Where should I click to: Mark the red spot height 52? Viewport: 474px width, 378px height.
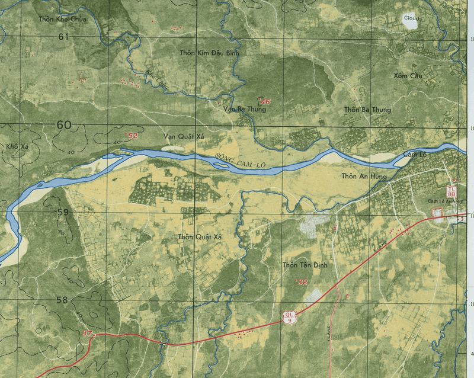(132, 136)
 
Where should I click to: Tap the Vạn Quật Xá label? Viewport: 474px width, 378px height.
(183, 137)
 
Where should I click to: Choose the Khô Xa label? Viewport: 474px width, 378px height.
(13, 146)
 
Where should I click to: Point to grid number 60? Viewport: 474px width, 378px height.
(64, 125)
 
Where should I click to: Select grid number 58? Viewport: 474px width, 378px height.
(62, 300)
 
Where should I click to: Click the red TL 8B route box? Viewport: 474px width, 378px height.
(451, 191)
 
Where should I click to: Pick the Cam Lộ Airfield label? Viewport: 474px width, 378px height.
(445, 201)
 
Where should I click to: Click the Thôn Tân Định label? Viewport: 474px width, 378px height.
(305, 265)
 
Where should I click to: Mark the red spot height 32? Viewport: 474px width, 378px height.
(302, 283)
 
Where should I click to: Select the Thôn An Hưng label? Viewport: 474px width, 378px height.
(364, 176)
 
